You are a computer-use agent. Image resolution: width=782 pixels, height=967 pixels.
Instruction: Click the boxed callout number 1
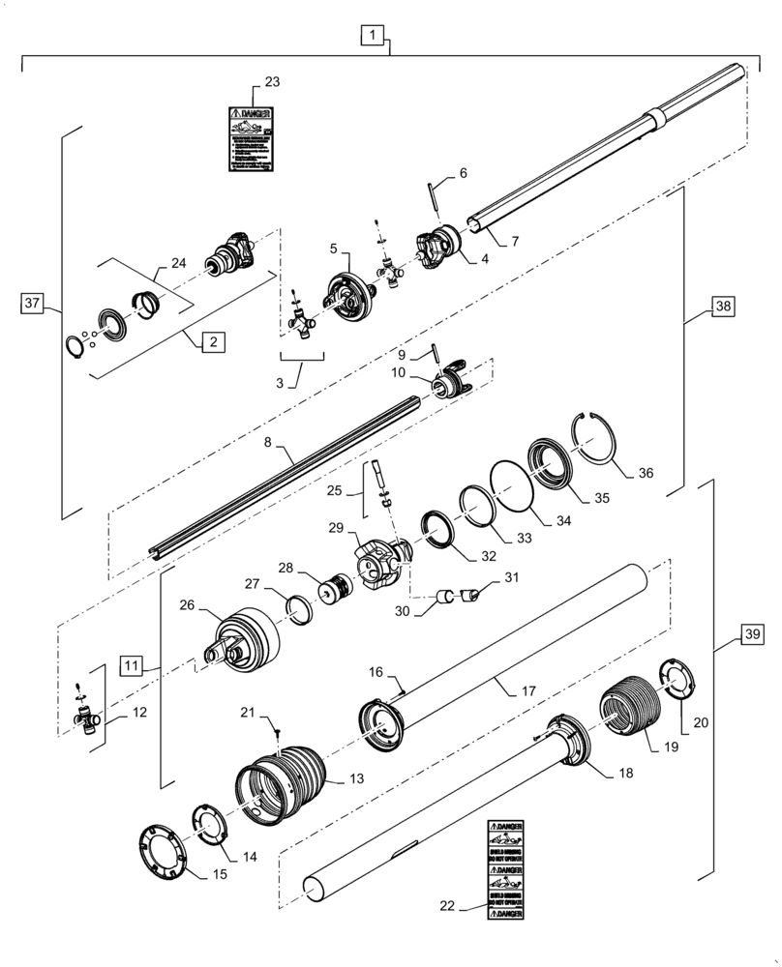pyautogui.click(x=373, y=37)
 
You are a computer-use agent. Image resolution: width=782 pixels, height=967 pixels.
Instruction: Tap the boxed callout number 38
pyautogui.click(x=723, y=306)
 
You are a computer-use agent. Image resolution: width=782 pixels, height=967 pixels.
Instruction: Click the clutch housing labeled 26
pyautogui.click(x=242, y=641)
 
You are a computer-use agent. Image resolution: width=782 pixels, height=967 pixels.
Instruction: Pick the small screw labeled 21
pyautogui.click(x=277, y=735)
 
